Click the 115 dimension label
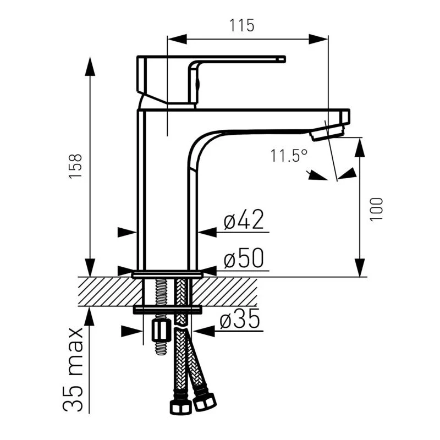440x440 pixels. (242, 25)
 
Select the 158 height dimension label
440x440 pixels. (76, 166)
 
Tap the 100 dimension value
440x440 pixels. (376, 210)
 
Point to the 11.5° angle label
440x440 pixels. (289, 156)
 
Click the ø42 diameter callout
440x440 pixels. (244, 219)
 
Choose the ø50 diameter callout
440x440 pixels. (244, 258)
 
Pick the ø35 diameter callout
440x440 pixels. (240, 318)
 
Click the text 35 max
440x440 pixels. (73, 369)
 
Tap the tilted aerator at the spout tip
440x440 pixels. (327, 133)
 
